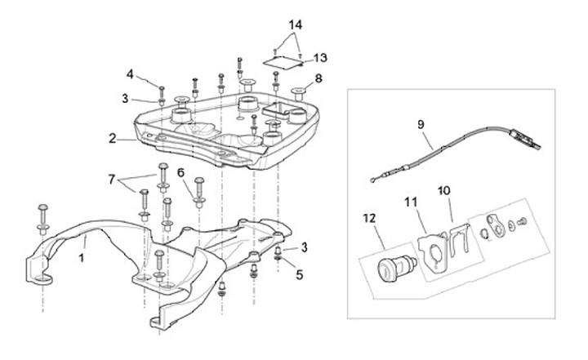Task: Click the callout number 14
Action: (295, 25)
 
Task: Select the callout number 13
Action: (320, 58)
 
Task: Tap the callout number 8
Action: (318, 78)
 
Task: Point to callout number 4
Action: (130, 74)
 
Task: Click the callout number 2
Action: (112, 139)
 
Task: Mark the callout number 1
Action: (82, 258)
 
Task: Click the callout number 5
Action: (299, 275)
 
